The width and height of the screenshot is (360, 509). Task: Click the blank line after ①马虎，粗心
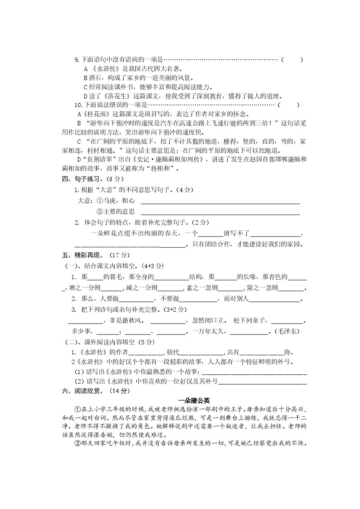click(x=219, y=203)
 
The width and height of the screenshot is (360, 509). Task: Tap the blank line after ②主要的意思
click(x=219, y=214)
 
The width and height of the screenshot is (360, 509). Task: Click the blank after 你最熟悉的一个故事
click(x=254, y=373)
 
